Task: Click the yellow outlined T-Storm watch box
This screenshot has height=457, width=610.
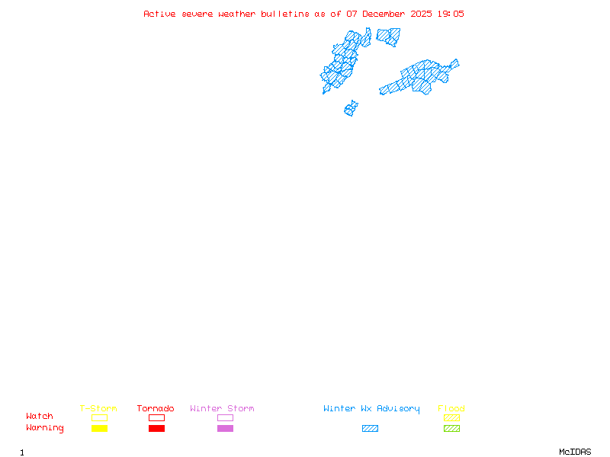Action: pyautogui.click(x=99, y=417)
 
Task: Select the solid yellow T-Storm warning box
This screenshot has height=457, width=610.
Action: pyautogui.click(x=99, y=428)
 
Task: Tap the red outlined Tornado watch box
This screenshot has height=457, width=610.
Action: pyautogui.click(x=156, y=417)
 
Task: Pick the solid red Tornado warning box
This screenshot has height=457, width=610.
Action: pyautogui.click(x=156, y=428)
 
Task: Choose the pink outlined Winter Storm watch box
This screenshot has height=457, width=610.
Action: pyautogui.click(x=225, y=417)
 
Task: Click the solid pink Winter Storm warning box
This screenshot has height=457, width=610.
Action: pyautogui.click(x=225, y=428)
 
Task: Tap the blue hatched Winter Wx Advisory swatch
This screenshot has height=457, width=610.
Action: pyautogui.click(x=370, y=428)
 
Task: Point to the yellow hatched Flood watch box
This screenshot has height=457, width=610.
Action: pyautogui.click(x=451, y=417)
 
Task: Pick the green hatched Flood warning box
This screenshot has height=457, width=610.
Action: pyautogui.click(x=451, y=428)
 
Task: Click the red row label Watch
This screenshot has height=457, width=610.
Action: pyautogui.click(x=40, y=417)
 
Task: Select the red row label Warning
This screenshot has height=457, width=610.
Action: pyautogui.click(x=45, y=428)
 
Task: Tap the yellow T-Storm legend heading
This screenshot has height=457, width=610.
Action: pyautogui.click(x=98, y=409)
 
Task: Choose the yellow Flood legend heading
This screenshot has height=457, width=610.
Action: pyautogui.click(x=451, y=409)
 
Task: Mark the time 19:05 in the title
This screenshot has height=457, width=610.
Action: pyautogui.click(x=450, y=14)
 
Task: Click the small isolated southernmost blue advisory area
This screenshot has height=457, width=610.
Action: pyautogui.click(x=351, y=109)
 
